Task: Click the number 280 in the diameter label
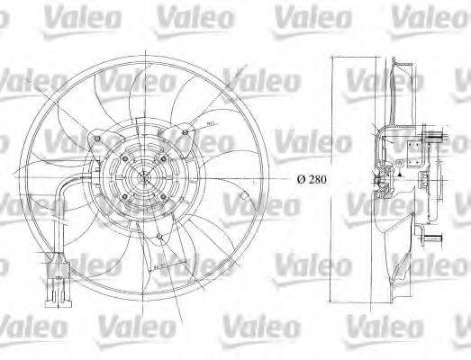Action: (315, 179)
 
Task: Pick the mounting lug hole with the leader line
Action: (185, 134)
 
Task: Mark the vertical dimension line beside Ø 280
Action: (334, 179)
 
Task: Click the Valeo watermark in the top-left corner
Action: (31, 13)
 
